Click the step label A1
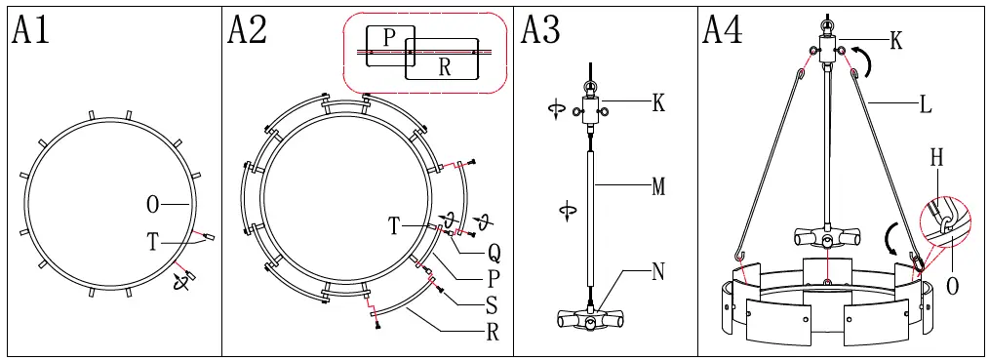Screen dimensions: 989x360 pos(29,29)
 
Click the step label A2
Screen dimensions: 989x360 pos(247,29)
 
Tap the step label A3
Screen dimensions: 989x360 pos(540,29)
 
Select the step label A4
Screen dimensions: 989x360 pos(723,29)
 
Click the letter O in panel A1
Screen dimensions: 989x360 pos(153,204)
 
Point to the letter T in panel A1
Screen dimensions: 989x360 pos(153,242)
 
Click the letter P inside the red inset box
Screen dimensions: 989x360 pos(389,38)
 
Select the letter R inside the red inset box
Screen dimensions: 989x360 pos(445,67)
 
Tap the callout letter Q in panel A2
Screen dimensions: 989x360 pos(494,254)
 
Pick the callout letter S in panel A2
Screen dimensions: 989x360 pos(493,305)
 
